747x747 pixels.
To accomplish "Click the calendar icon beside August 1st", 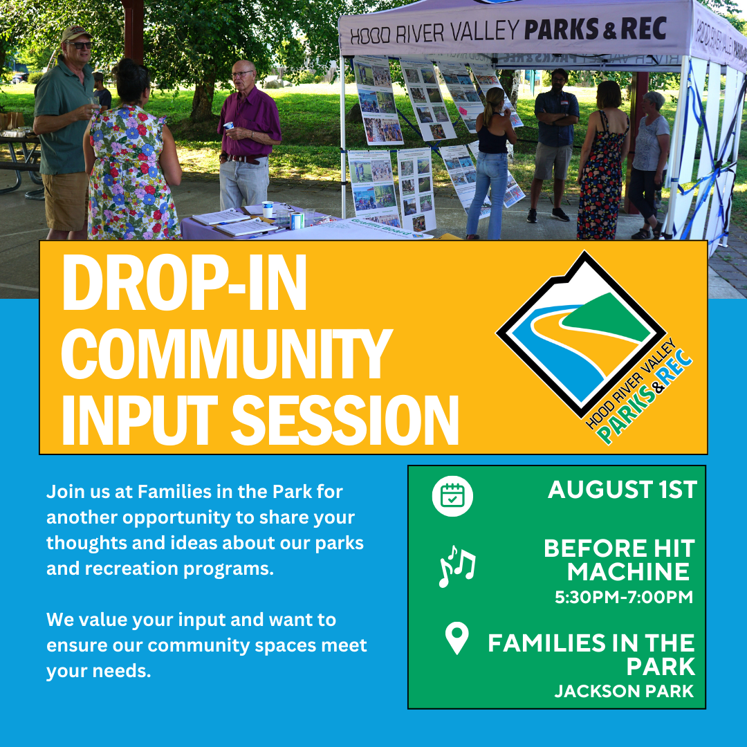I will [452, 496].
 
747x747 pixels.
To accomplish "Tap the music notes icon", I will [457, 566].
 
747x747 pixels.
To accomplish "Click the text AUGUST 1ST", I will [621, 490].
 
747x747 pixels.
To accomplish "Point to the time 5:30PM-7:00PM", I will [624, 597].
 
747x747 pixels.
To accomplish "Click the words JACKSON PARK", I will [624, 692].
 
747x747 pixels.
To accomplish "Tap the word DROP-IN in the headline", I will [184, 284].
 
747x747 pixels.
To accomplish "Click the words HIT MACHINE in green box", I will [619, 560].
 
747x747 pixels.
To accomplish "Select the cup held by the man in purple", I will [229, 126].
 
